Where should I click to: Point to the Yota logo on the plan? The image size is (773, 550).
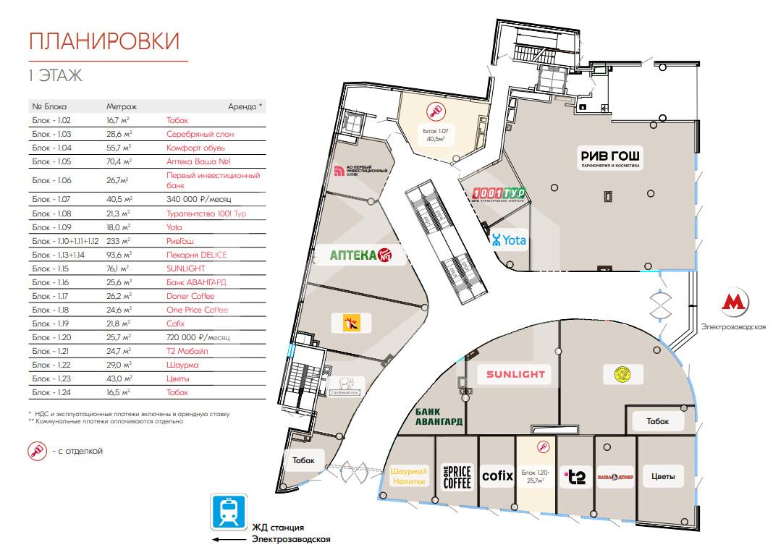(x=509, y=240)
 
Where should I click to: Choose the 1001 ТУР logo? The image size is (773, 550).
(x=499, y=195)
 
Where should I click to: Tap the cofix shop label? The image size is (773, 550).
(x=497, y=475)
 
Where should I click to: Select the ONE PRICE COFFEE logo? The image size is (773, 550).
(x=456, y=476)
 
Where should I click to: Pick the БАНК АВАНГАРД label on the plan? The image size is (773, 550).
(x=439, y=417)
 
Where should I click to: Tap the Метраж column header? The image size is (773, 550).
(x=122, y=106)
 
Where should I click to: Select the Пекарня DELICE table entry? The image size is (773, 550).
(x=196, y=254)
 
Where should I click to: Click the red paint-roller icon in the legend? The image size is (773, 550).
(x=37, y=451)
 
